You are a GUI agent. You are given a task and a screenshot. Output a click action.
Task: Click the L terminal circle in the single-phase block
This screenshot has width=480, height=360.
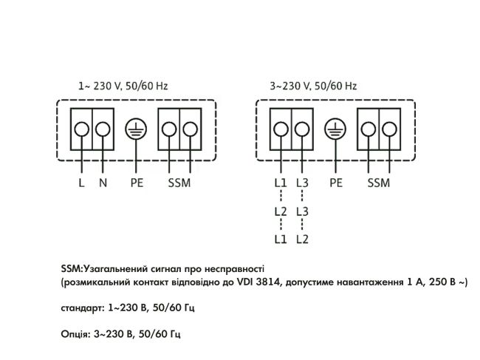point(81,129)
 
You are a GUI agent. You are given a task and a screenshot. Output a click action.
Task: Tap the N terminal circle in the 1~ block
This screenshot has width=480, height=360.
point(103,129)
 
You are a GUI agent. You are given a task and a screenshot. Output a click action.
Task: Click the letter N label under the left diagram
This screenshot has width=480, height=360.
point(103,182)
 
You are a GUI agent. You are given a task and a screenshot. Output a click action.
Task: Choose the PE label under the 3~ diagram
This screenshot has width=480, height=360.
point(336,182)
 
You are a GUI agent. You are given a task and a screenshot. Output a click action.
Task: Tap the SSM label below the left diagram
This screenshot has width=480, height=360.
point(180,182)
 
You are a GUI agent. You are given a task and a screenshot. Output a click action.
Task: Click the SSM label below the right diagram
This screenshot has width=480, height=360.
point(378,182)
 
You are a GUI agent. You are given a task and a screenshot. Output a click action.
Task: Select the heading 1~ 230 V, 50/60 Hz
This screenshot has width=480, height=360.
point(123,86)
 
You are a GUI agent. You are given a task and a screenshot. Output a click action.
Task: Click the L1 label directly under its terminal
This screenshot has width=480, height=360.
point(280,182)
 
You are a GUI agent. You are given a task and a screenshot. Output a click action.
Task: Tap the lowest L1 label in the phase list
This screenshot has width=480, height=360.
point(280,240)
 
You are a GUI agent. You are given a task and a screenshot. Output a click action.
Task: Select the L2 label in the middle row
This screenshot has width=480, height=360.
point(280,211)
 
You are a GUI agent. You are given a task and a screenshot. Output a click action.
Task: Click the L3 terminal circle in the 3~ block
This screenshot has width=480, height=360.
point(301,129)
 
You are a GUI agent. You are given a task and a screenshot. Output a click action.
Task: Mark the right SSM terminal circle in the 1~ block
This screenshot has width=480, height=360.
point(191,129)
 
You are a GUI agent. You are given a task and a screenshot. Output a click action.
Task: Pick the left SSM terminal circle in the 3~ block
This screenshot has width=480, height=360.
point(367,129)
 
